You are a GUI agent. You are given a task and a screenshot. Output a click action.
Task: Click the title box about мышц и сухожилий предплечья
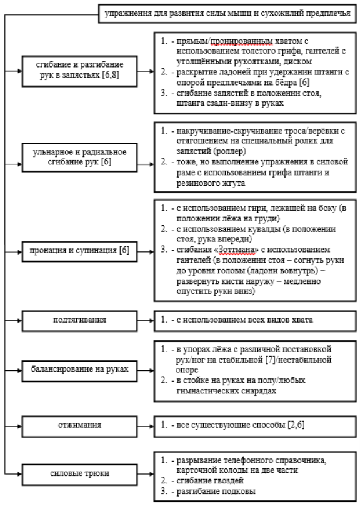pos(227,14)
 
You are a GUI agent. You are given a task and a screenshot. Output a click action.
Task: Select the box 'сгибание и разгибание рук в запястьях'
pos(79,71)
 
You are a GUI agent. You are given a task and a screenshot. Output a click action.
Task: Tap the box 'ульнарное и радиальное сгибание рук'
pos(79,158)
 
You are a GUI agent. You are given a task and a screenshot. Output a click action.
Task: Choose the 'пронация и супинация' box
pos(79,251)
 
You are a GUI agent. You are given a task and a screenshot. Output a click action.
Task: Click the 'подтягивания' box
pos(79,321)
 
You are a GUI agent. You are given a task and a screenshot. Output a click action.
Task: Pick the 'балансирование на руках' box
pos(79,371)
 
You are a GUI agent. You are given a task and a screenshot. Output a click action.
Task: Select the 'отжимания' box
pos(79,427)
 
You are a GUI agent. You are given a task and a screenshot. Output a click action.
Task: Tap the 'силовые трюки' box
pos(79,474)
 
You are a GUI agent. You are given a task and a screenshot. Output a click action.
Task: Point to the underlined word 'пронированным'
pos(242,41)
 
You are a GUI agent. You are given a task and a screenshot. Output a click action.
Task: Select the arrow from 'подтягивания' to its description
pos(146,321)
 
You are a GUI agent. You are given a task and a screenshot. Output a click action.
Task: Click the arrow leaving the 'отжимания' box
pos(146,427)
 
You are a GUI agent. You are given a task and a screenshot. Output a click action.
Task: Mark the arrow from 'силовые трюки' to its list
pos(146,474)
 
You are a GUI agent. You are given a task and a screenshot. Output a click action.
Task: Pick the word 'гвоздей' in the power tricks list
pos(227,481)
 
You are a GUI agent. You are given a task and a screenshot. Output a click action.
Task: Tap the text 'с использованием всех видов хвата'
pos(245,320)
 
